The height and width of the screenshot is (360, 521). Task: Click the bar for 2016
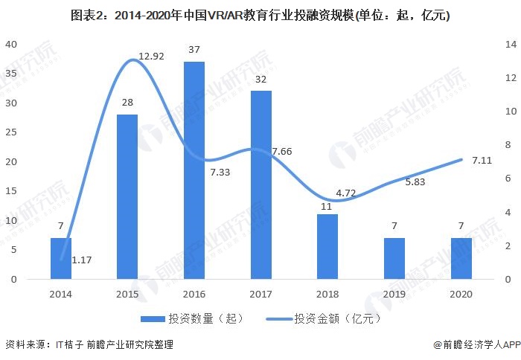tap(194, 170)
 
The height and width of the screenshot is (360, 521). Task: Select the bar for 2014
tap(61, 258)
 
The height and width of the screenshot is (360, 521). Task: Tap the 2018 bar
tap(327, 246)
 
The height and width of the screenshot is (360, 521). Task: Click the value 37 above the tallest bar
tap(194, 50)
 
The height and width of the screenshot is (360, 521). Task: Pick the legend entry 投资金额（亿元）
tap(327, 318)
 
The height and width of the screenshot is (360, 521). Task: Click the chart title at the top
tap(260, 14)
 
